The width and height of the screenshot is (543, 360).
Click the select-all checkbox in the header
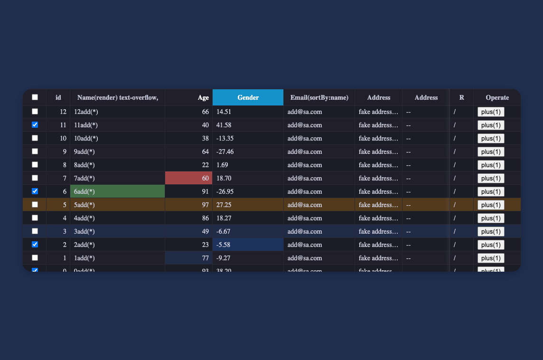35,97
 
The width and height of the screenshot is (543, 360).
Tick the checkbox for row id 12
35,112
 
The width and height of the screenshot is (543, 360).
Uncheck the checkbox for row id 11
35,125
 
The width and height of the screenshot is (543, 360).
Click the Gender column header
248,97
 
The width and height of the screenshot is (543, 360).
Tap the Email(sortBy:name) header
319,97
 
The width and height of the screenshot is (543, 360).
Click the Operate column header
497,97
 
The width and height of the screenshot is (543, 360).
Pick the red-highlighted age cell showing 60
189,178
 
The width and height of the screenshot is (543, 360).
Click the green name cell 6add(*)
117,191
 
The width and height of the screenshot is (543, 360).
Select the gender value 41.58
224,125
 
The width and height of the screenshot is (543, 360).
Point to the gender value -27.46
225,152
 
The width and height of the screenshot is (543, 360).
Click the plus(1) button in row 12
491,112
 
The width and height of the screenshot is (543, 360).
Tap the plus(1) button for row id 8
491,165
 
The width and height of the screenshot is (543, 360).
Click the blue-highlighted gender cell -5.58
248,245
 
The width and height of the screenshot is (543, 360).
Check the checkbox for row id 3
35,231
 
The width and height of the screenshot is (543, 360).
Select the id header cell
58,97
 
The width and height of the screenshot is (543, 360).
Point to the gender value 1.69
222,165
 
